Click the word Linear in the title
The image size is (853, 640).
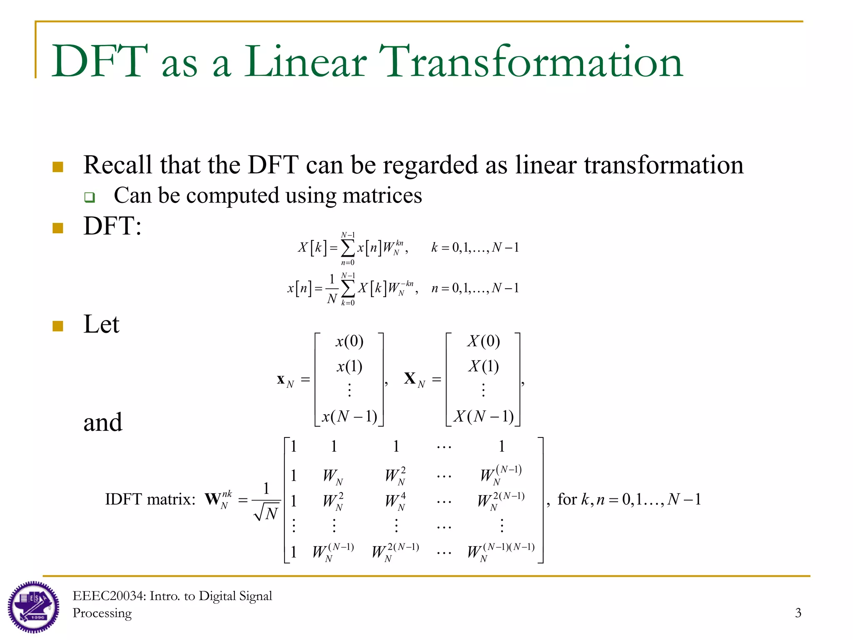305,62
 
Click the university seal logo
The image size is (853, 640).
33,607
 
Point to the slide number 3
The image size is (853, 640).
798,612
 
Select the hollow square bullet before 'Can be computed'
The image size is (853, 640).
90,197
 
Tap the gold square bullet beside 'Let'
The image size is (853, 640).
58,325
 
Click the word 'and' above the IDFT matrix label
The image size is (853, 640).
103,422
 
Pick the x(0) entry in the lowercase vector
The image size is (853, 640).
349,341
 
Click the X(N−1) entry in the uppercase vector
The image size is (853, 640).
483,416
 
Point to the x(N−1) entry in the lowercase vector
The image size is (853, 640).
349,416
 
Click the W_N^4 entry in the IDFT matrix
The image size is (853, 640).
395,501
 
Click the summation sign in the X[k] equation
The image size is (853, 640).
348,248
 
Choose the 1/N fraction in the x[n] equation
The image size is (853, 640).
332,289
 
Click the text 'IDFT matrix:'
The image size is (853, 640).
150,499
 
